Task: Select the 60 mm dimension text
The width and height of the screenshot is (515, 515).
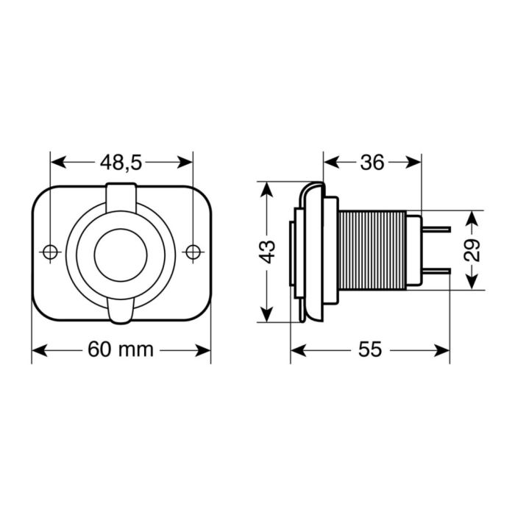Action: [x=121, y=349]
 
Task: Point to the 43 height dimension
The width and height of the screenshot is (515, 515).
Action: [x=269, y=252]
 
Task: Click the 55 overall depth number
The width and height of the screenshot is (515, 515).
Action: [x=372, y=349]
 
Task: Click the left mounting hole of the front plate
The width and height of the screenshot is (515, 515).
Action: [x=50, y=252]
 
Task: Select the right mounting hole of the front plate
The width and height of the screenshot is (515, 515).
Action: [x=193, y=252]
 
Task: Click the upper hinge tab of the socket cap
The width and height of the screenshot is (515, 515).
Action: [x=121, y=195]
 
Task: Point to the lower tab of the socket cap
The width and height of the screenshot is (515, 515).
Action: [x=121, y=311]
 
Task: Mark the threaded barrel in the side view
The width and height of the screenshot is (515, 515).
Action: [x=372, y=252]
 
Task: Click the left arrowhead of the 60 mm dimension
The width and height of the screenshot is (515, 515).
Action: [x=38, y=349]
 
